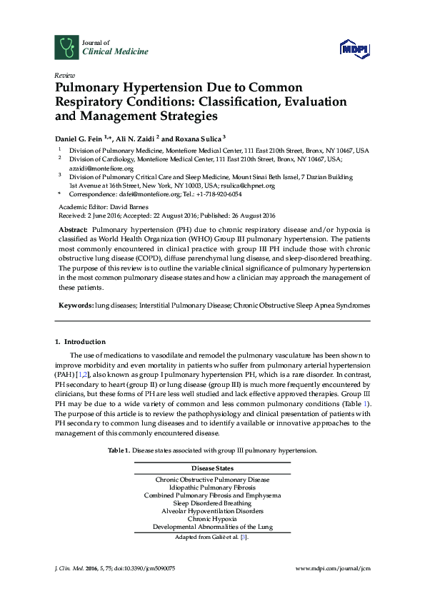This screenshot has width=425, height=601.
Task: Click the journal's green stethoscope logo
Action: pyautogui.click(x=66, y=48)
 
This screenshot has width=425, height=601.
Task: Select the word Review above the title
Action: pyautogui.click(x=64, y=75)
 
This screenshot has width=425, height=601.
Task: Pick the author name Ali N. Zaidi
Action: pyautogui.click(x=146, y=136)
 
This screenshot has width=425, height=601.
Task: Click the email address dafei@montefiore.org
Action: pyautogui.click(x=139, y=194)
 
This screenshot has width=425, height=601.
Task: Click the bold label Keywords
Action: pyautogui.click(x=76, y=305)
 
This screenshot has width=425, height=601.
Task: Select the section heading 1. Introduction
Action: pyautogui.click(x=81, y=342)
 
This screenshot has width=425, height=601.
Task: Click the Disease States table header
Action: pyautogui.click(x=212, y=468)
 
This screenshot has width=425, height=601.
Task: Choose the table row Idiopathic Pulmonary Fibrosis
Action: pyautogui.click(x=212, y=487)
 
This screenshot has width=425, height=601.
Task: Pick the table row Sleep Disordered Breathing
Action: pyautogui.click(x=212, y=502)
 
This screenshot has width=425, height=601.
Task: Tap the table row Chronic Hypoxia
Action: pyautogui.click(x=212, y=519)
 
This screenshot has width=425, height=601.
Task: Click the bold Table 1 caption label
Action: pyautogui.click(x=118, y=451)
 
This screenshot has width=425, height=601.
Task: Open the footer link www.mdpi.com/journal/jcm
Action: pyautogui.click(x=333, y=568)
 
